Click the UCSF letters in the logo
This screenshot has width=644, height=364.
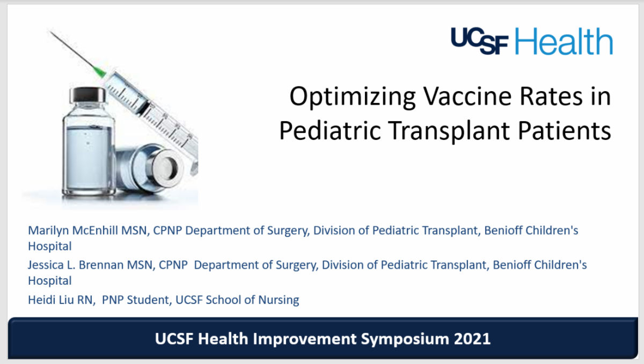click(480, 41)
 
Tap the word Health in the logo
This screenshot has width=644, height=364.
click(563, 41)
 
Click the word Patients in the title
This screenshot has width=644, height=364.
click(565, 130)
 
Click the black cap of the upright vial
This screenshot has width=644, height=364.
click(87, 95)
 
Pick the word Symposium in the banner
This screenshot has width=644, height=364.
click(405, 339)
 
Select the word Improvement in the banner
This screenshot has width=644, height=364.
click(304, 339)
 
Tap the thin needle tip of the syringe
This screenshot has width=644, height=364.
click(50, 32)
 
